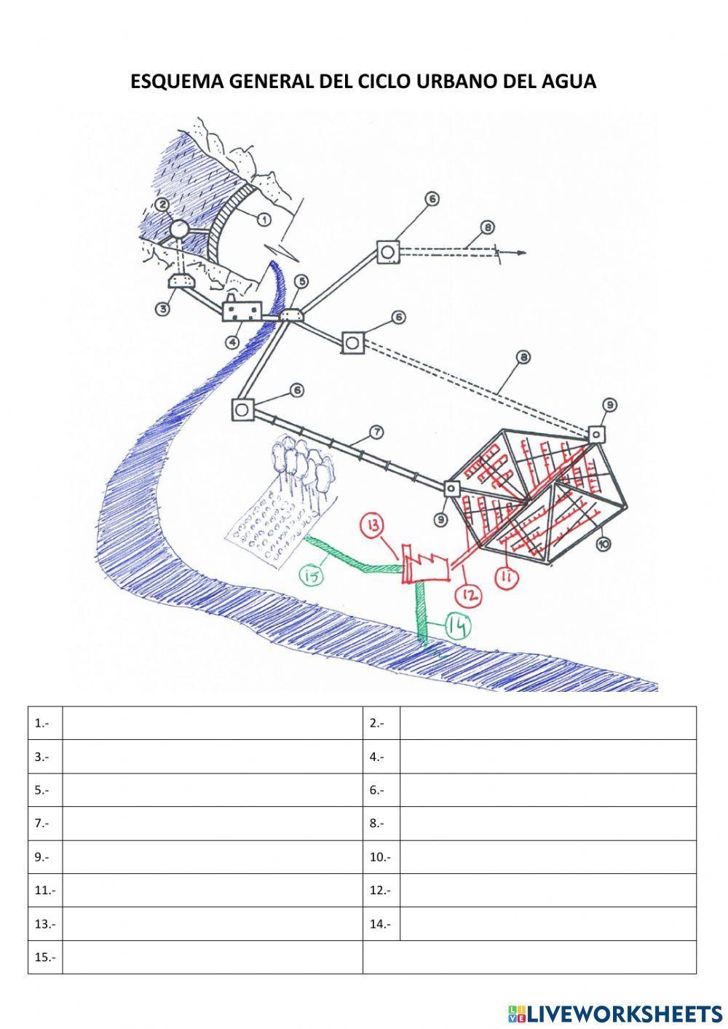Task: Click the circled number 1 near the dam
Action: tap(264, 218)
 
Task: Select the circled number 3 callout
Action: tap(163, 310)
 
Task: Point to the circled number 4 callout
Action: tap(232, 341)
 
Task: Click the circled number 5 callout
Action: tap(301, 281)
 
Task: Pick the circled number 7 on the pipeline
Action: tap(376, 433)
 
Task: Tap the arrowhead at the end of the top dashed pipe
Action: tap(520, 253)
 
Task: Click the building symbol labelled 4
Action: tap(241, 311)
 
